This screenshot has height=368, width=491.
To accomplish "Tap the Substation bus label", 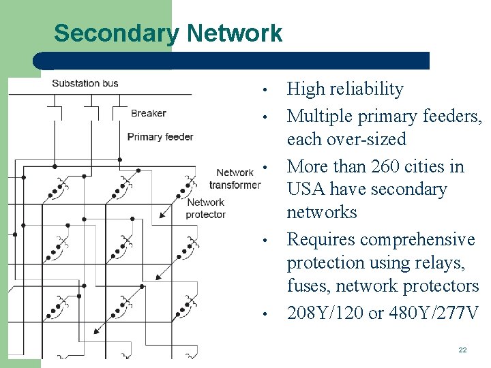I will [85, 83].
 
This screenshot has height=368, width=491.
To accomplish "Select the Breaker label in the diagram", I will [149, 113].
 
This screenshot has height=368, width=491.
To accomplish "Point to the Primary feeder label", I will [160, 136].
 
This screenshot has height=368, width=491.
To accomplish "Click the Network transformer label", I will [235, 179].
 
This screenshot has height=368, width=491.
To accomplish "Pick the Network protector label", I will [205, 208].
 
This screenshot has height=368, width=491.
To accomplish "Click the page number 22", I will [462, 350].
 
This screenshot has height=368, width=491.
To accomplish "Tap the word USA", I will [308, 189].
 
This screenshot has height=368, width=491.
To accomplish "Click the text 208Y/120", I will [325, 313].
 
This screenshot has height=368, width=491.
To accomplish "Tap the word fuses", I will [308, 286].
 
